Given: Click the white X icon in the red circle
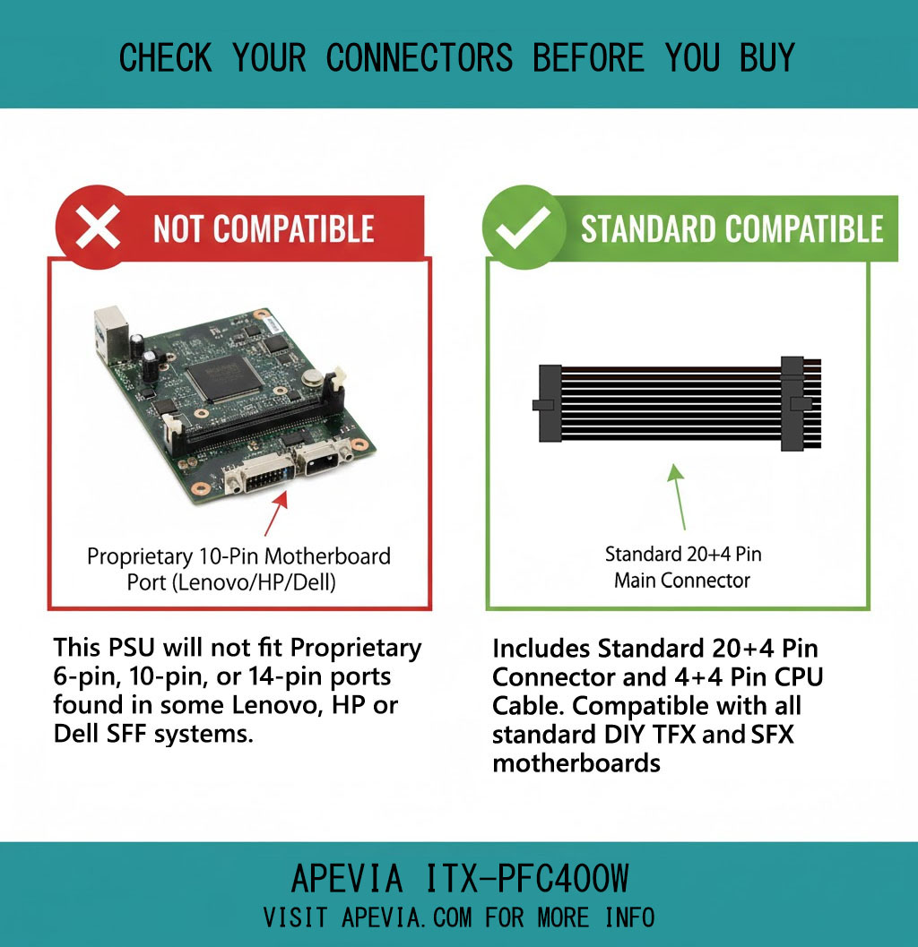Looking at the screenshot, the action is point(97,227).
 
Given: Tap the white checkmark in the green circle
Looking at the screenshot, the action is point(523,227).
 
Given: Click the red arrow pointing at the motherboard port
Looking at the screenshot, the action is point(275,513).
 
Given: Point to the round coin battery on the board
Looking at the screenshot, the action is point(312,377).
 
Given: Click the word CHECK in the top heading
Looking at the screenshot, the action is point(165,58).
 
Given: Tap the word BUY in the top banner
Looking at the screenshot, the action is point(766,58).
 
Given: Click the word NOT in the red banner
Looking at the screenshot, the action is point(179,228).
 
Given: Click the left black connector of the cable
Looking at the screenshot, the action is point(548,403).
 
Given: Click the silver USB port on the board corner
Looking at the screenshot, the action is point(111,335).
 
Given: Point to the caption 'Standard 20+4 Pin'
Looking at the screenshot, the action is point(683,554).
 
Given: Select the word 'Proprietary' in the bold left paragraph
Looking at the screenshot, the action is point(356,648).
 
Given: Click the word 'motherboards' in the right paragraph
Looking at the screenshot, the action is point(576,763).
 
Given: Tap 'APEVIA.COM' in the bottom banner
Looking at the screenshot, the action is point(407,917).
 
